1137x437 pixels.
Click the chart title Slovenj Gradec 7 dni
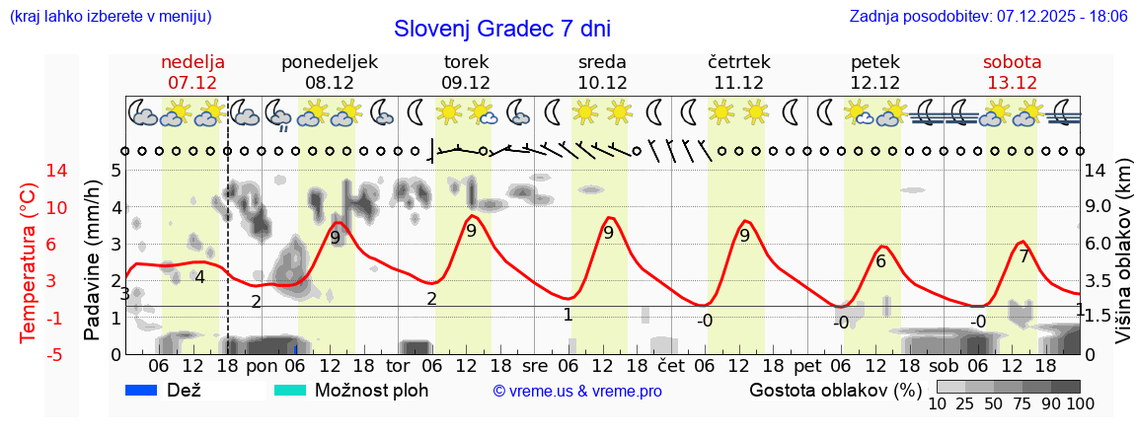(x=501, y=29)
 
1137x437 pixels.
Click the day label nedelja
(x=193, y=62)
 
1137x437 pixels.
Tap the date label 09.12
(x=466, y=83)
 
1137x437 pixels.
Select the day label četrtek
(x=738, y=62)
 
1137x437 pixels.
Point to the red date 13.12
(x=1012, y=83)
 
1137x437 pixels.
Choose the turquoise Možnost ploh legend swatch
(x=290, y=390)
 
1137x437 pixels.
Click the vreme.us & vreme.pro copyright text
(x=577, y=392)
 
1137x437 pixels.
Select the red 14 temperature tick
(x=30, y=171)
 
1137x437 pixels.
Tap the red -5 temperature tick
(x=30, y=354)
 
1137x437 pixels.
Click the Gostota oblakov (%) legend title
(x=834, y=390)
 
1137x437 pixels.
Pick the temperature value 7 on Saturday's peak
(x=1024, y=256)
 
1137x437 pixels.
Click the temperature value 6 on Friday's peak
(x=880, y=261)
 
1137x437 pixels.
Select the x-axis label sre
(x=534, y=366)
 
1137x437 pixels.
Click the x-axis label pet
(x=807, y=366)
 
